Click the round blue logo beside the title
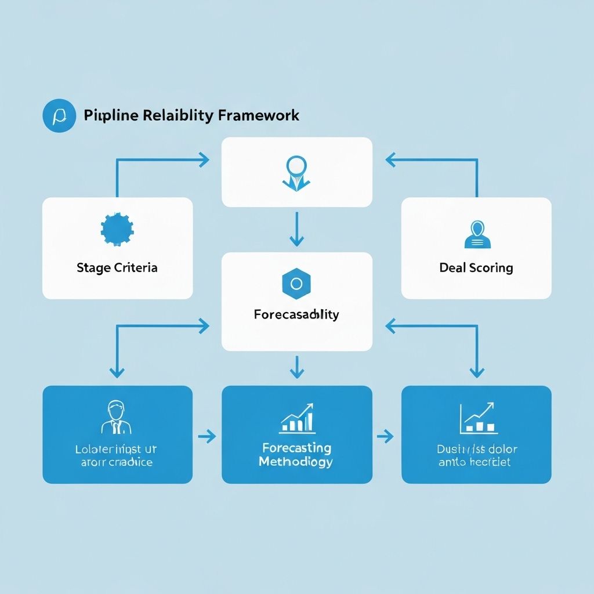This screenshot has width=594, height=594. tap(59, 115)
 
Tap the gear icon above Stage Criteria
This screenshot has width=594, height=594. tap(117, 230)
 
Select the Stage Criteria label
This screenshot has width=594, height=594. tap(117, 268)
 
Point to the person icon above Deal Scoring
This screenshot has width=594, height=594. tap(476, 235)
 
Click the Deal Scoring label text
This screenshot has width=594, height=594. tap(476, 268)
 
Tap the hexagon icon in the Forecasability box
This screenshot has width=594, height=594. tap(296, 284)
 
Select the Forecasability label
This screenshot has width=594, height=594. tap(296, 315)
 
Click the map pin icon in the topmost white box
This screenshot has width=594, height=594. tap(296, 172)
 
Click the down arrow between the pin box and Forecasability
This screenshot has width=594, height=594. tap(296, 229)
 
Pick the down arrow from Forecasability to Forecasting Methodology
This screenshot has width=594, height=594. tap(296, 368)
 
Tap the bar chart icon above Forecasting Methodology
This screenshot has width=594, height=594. tap(296, 418)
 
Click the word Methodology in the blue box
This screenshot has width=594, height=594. tap(296, 462)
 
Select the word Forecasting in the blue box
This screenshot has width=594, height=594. tap(296, 448)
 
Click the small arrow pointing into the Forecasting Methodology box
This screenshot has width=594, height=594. tap(207, 436)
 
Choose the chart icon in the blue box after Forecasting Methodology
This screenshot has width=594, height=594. tap(477, 418)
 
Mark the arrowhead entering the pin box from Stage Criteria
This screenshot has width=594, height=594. tap(204, 160)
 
